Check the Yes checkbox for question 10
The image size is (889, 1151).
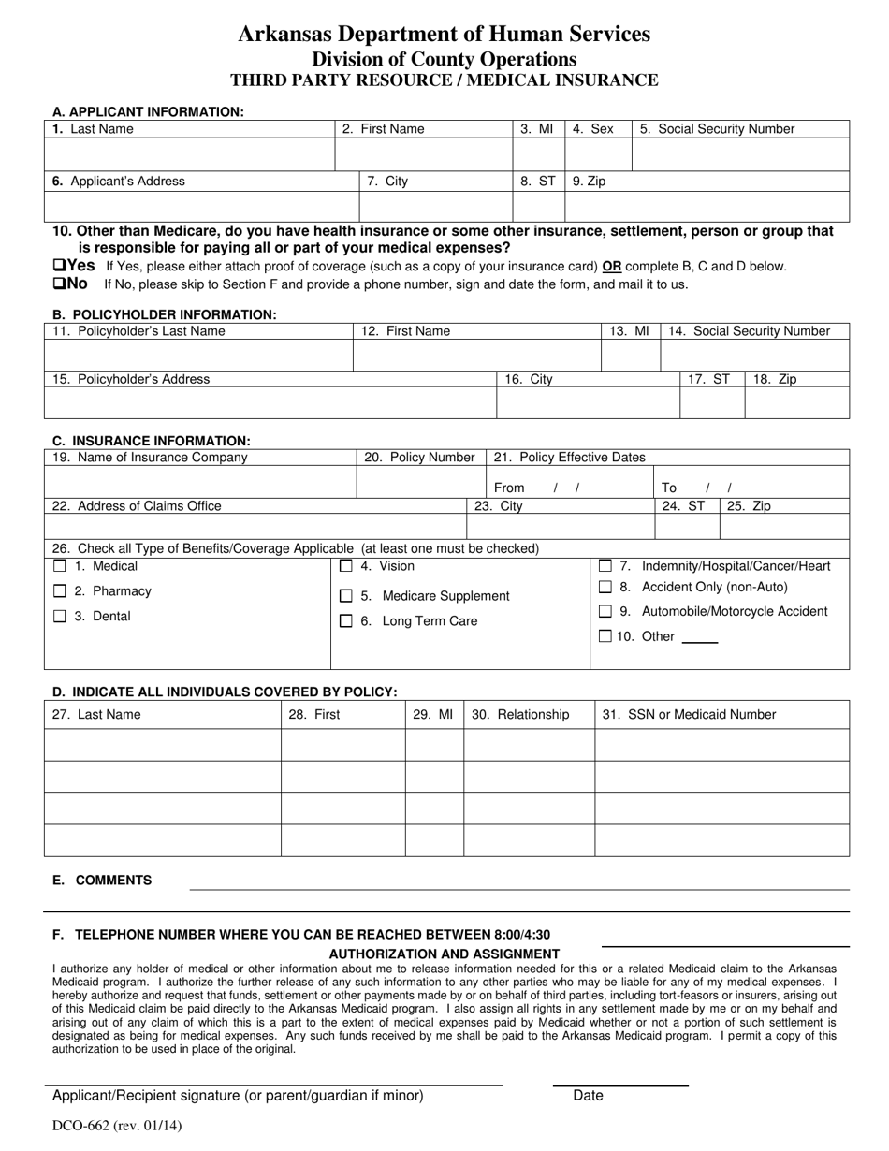[58, 266]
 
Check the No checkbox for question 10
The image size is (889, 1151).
[58, 284]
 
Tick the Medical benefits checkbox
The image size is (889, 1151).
[60, 566]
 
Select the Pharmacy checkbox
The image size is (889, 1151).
[60, 591]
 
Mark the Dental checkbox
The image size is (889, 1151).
[60, 617]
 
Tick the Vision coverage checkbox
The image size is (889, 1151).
[345, 566]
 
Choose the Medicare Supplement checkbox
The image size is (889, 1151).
[345, 596]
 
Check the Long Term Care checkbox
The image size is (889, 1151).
[345, 621]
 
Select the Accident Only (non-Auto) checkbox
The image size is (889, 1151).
[605, 587]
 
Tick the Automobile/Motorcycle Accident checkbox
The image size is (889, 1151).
[605, 612]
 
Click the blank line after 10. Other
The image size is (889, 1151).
[700, 640]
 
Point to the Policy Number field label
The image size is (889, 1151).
[419, 458]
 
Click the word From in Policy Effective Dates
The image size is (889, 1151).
[509, 488]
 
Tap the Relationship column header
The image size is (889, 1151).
[520, 715]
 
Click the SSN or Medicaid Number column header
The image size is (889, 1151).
[690, 715]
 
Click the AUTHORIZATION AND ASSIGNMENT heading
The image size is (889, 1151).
[444, 954]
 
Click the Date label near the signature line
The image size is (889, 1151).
[588, 1096]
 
